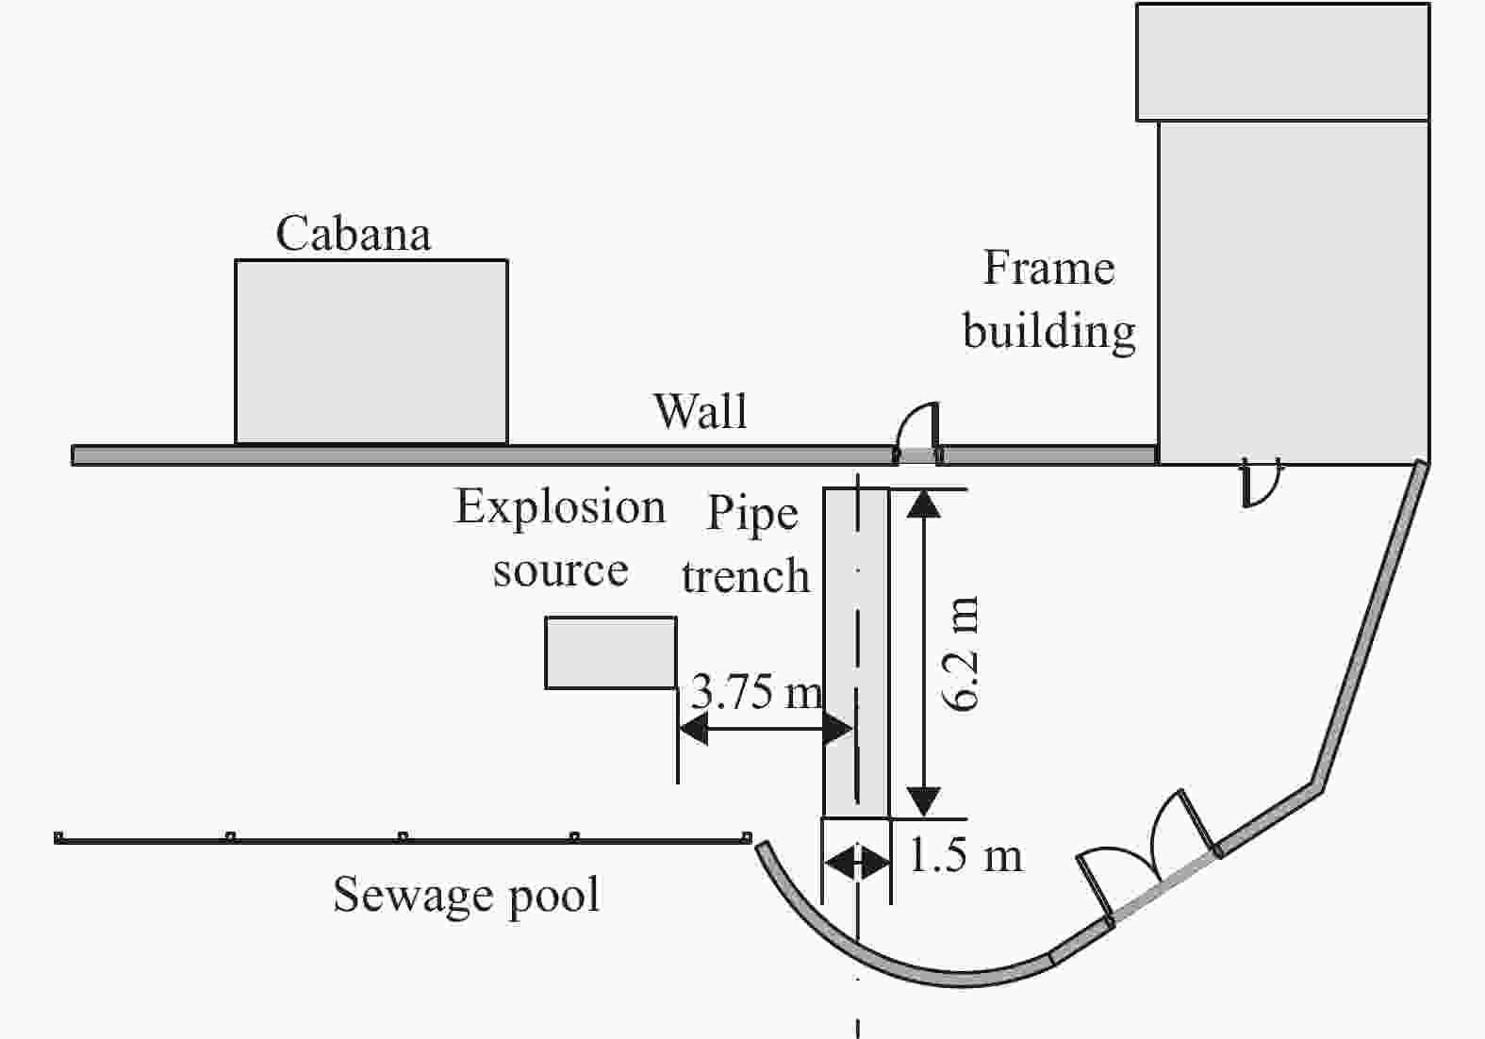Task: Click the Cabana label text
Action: (354, 234)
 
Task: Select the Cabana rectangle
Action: (371, 352)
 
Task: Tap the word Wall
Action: (701, 412)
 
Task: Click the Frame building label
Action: (1048, 300)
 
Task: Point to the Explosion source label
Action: (560, 538)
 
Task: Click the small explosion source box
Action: (611, 652)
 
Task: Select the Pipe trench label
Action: (747, 545)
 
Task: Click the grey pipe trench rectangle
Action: (856, 651)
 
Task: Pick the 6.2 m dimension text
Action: (961, 652)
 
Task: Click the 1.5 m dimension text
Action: (965, 856)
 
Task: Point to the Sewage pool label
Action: (467, 895)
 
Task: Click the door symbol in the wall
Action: (917, 433)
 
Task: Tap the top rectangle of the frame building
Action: (1282, 62)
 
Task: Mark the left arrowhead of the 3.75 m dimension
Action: (693, 729)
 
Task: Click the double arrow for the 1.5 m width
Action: (856, 862)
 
